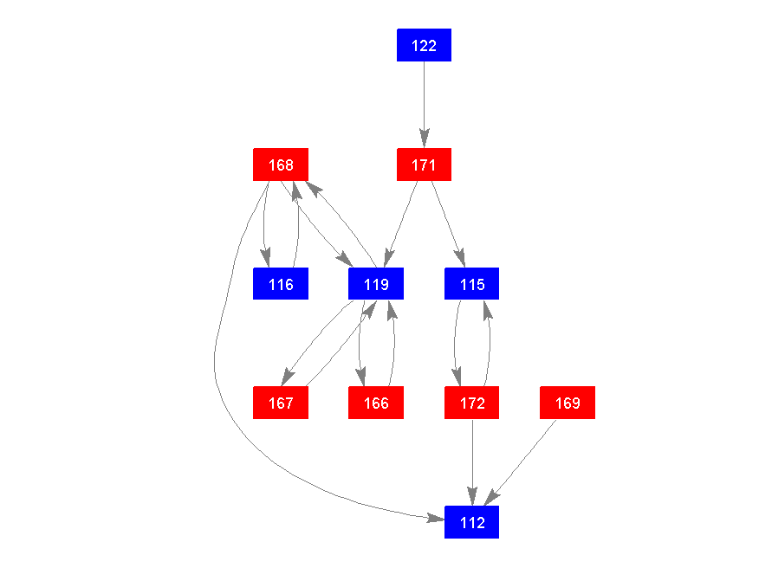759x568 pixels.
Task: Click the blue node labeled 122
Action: (x=424, y=45)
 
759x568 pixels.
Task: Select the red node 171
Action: (x=424, y=165)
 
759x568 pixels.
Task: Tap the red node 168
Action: (x=281, y=165)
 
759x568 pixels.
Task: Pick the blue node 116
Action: (x=281, y=284)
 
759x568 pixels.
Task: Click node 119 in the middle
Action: (x=376, y=284)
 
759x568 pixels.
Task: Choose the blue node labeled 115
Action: (x=471, y=284)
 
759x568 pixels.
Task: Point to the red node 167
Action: (x=281, y=403)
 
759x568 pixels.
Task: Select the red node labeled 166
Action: (x=376, y=403)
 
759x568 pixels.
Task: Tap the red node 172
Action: (x=471, y=403)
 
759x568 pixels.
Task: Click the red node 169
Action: (x=568, y=403)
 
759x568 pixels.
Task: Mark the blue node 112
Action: (x=471, y=523)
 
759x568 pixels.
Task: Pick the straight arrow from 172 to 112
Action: (x=471, y=459)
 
